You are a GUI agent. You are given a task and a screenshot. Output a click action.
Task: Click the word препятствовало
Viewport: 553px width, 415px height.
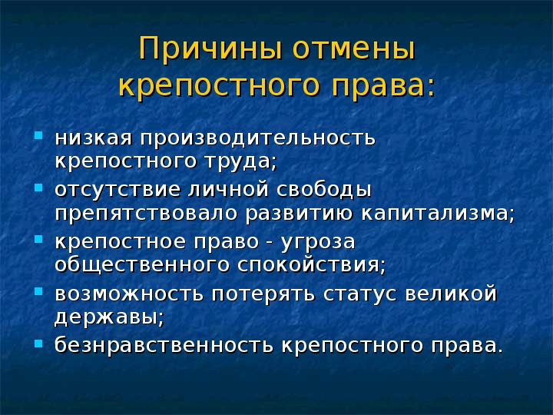click(x=145, y=213)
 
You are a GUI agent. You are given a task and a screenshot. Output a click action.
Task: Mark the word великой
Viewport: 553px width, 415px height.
click(x=459, y=294)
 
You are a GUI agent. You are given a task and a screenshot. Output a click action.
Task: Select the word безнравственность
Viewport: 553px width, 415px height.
click(x=164, y=345)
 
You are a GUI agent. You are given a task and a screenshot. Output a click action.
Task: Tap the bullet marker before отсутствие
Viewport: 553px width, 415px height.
click(x=39, y=187)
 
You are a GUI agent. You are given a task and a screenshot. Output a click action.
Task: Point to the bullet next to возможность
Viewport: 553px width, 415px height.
click(x=39, y=291)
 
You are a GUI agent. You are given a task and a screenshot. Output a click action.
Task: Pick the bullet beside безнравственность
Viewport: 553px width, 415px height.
click(x=39, y=343)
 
